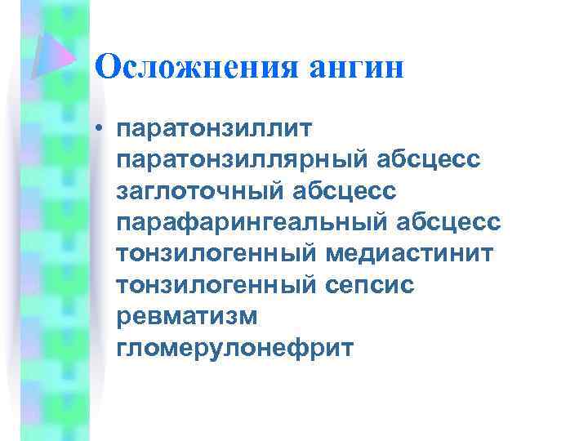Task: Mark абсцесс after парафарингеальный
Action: click(457, 222)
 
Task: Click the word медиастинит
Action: click(410, 254)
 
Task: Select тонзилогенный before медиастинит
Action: click(217, 254)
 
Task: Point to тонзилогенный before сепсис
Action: click(217, 285)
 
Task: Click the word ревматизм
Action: click(187, 317)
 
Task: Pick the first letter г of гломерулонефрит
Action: click(123, 350)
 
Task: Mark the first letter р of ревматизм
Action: click(124, 318)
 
